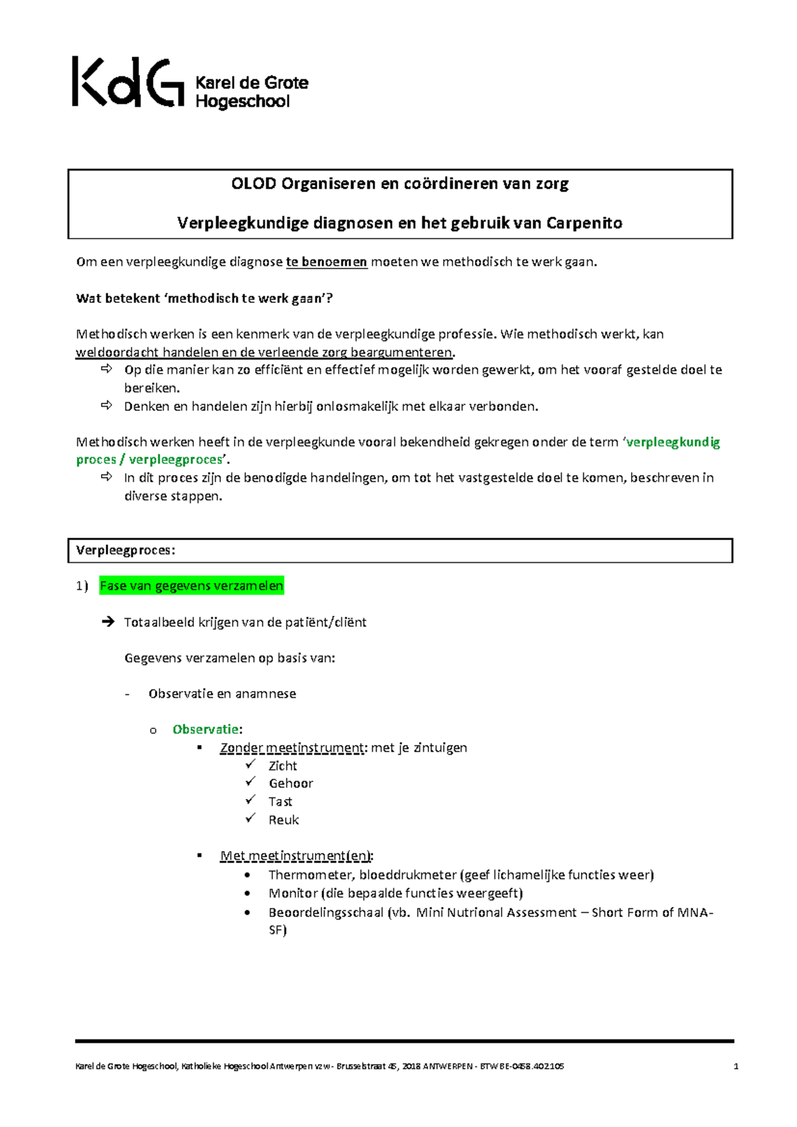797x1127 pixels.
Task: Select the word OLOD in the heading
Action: tap(253, 184)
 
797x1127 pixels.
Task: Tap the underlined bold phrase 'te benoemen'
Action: tap(326, 262)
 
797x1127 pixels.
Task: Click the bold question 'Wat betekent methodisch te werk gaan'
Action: tap(204, 298)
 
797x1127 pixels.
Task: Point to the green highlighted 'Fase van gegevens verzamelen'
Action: tap(191, 585)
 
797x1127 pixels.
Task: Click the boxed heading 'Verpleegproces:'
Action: tap(126, 550)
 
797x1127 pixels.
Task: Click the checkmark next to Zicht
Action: tap(250, 764)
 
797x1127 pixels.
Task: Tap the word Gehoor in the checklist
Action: tap(290, 783)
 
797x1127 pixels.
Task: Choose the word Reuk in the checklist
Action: tap(284, 820)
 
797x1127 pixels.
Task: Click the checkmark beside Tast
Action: tap(250, 800)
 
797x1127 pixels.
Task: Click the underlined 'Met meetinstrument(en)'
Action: tap(296, 856)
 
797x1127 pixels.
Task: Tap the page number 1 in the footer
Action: tap(736, 1067)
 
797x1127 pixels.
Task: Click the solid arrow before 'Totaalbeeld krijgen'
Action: tap(108, 622)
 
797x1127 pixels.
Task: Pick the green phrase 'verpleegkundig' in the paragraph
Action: tap(673, 443)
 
